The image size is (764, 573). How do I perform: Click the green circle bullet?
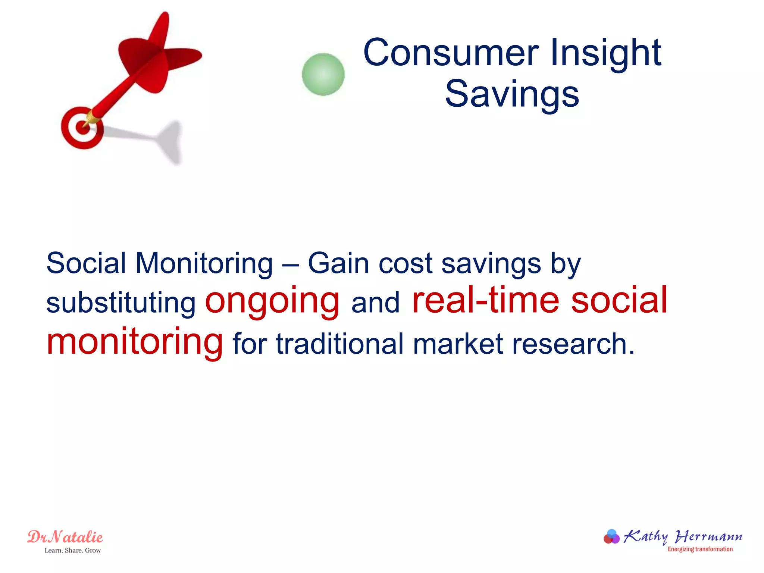323,75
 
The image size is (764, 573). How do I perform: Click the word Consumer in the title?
451,53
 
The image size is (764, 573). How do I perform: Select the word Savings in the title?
512,94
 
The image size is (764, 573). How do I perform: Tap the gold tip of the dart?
91,118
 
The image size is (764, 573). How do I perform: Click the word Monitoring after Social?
204,263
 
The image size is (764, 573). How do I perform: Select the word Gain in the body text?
338,263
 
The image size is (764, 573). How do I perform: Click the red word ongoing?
272,301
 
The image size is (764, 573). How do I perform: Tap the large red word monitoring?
134,341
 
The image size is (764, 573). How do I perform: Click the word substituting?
121,303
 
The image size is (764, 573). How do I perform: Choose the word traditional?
340,344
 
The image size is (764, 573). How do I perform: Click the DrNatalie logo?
65,537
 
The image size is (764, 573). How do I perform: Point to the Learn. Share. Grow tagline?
73,551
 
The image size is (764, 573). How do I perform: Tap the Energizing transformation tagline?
700,549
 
